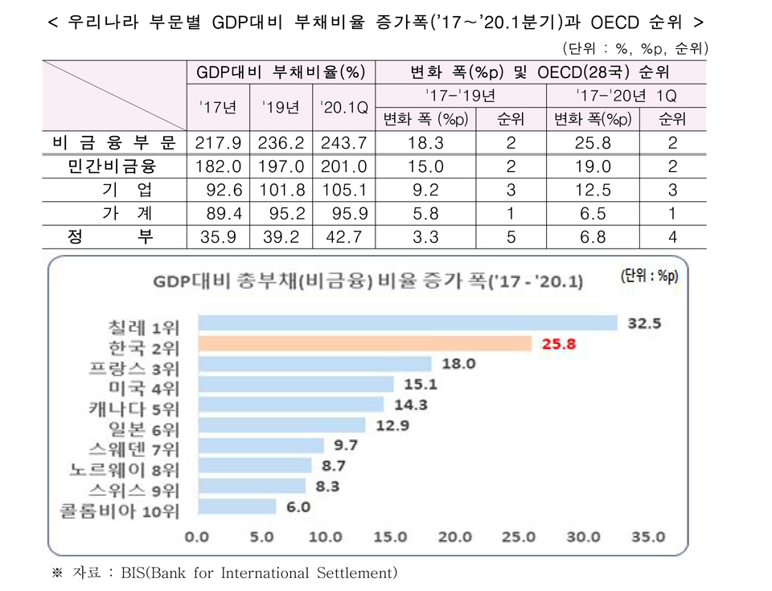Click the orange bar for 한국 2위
click(364, 344)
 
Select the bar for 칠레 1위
click(407, 323)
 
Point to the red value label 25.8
click(557, 344)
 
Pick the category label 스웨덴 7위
click(134, 446)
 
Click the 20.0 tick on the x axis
click(455, 536)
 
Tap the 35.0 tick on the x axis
click(647, 536)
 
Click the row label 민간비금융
click(113, 167)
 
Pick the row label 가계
click(113, 214)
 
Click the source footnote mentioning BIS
click(225, 573)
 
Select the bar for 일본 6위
click(281, 425)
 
